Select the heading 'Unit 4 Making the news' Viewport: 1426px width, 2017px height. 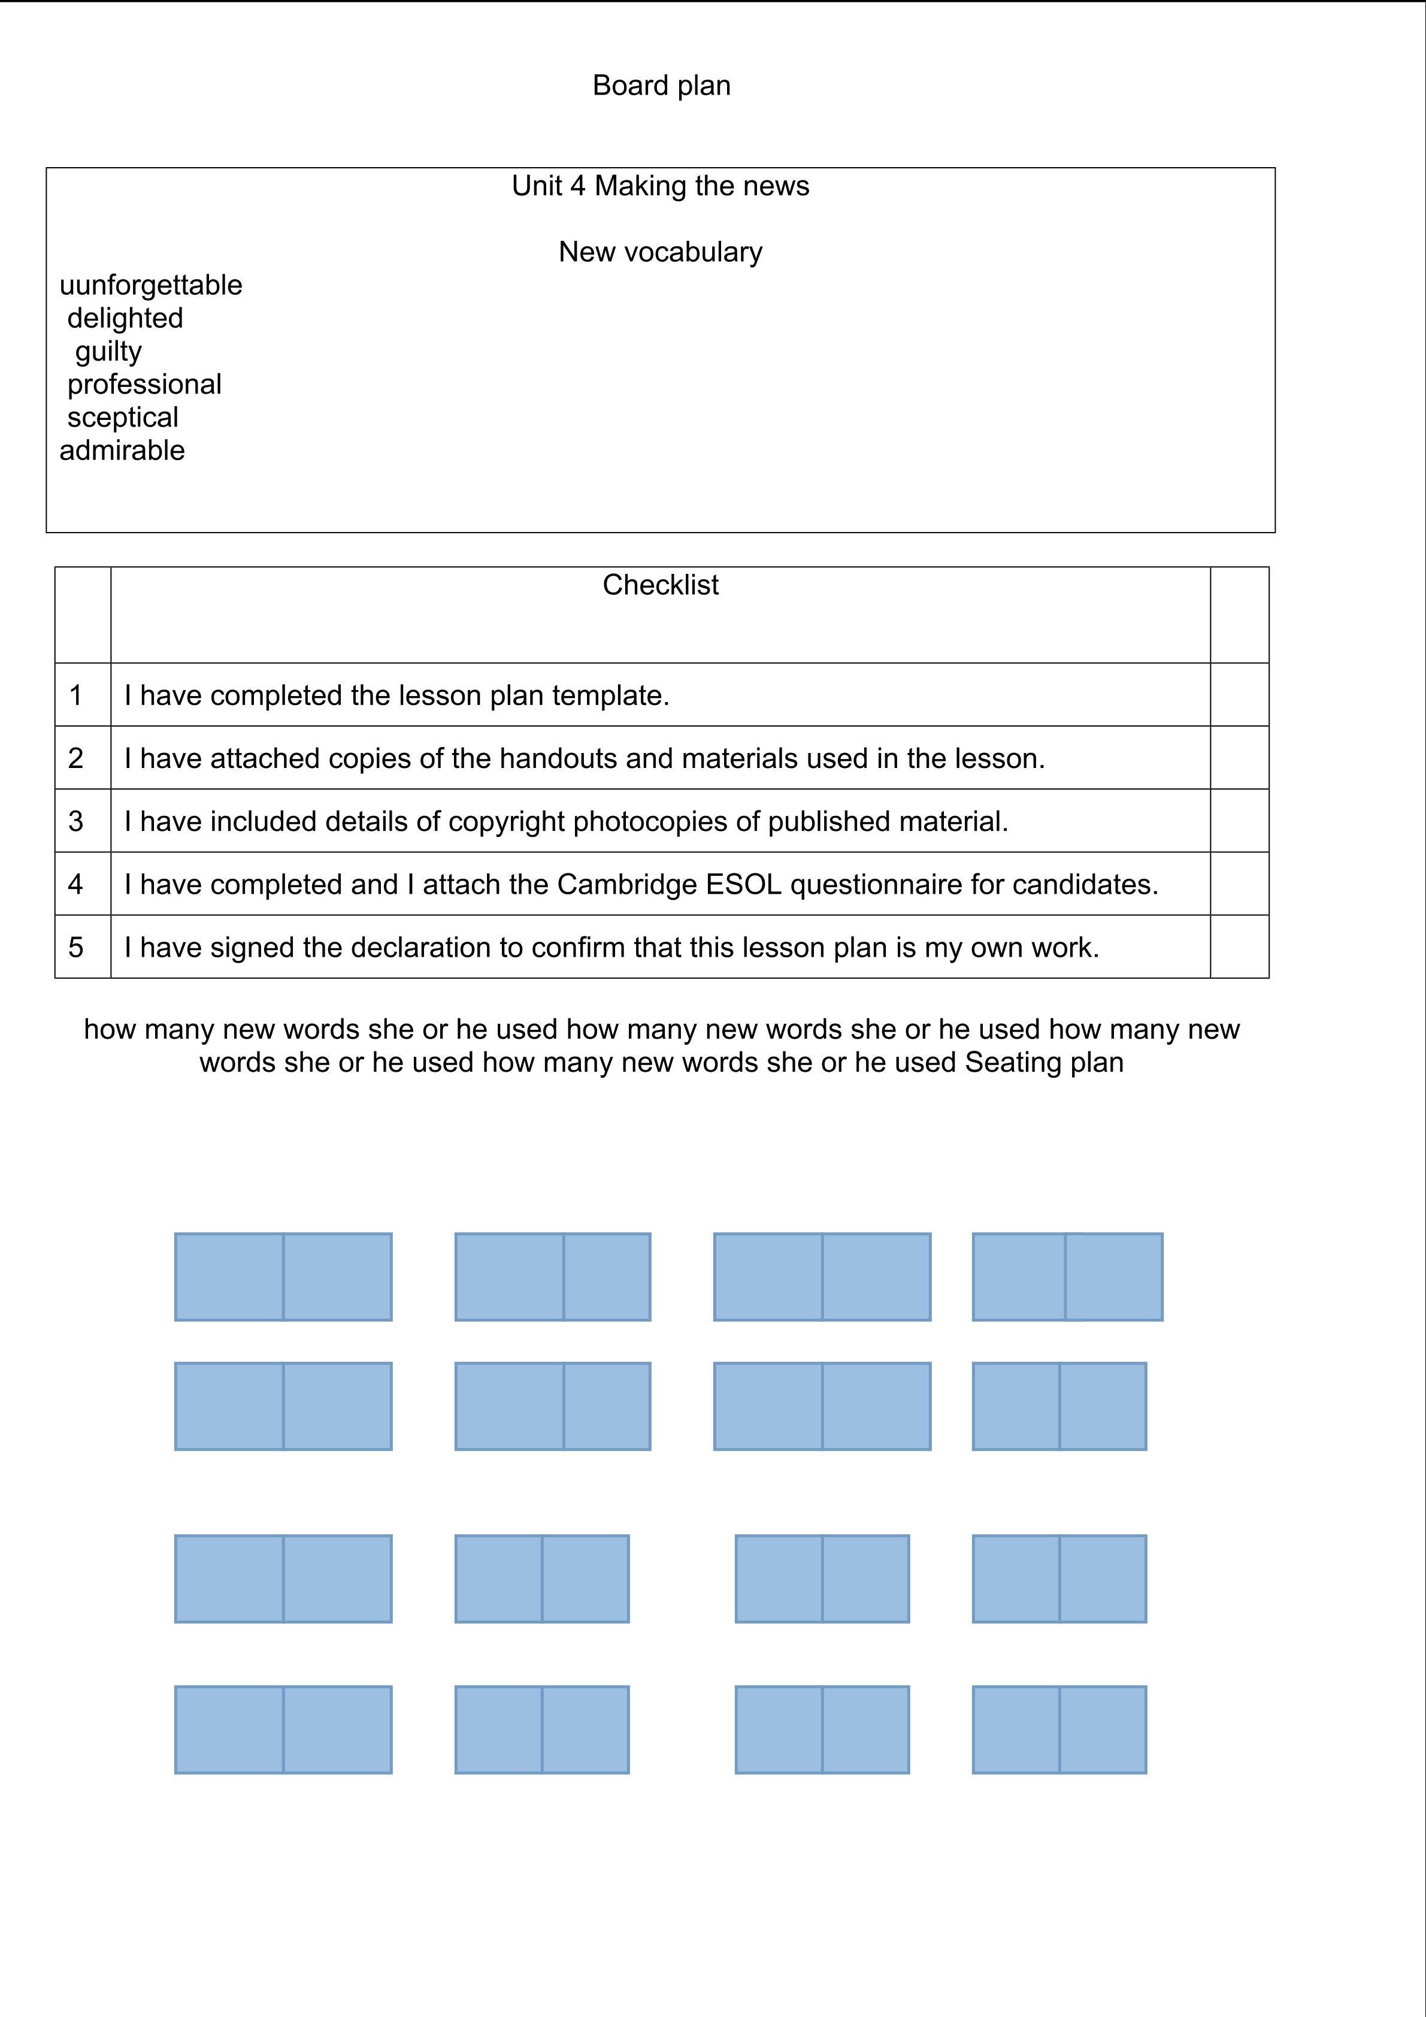tap(661, 186)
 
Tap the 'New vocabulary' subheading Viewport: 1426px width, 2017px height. tap(661, 252)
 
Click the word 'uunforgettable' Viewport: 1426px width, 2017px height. tap(151, 286)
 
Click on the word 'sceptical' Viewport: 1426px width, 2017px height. tap(122, 418)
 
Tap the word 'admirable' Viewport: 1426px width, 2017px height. tap(122, 450)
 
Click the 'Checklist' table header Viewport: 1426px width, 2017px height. tap(661, 585)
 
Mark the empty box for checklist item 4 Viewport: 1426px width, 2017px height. tap(1239, 884)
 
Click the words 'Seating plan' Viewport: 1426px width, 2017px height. tap(1044, 1063)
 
